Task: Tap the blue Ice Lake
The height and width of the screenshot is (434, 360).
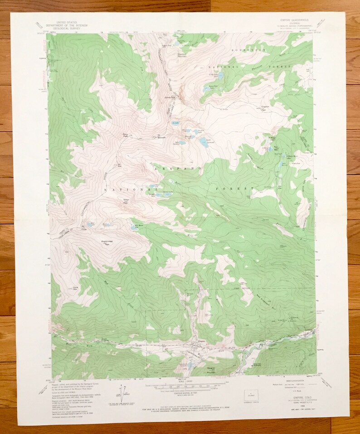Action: pyautogui.click(x=175, y=124)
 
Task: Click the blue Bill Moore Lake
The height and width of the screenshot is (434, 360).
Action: pyautogui.click(x=136, y=225)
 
